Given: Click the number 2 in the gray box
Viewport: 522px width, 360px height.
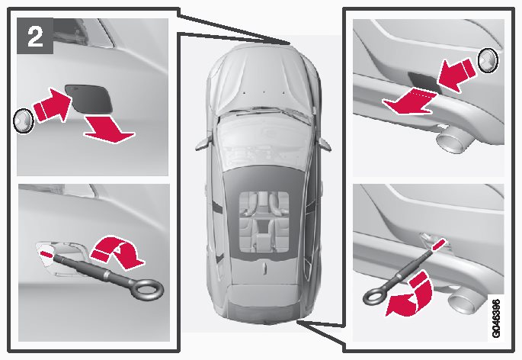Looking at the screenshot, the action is [35, 36].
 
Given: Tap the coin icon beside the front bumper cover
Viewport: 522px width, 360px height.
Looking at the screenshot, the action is [24, 121].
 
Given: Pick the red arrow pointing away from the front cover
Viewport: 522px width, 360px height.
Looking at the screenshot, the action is [109, 130].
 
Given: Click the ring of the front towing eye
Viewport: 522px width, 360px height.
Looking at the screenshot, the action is [148, 290].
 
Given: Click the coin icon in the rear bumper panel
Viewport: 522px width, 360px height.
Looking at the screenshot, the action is [488, 60].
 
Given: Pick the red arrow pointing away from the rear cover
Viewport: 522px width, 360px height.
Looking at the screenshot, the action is [408, 102].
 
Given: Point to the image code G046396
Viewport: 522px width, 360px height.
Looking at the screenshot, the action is [495, 319].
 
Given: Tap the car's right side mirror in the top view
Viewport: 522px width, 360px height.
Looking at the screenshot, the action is [323, 143].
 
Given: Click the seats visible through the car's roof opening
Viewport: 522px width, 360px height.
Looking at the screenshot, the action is [264, 221].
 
